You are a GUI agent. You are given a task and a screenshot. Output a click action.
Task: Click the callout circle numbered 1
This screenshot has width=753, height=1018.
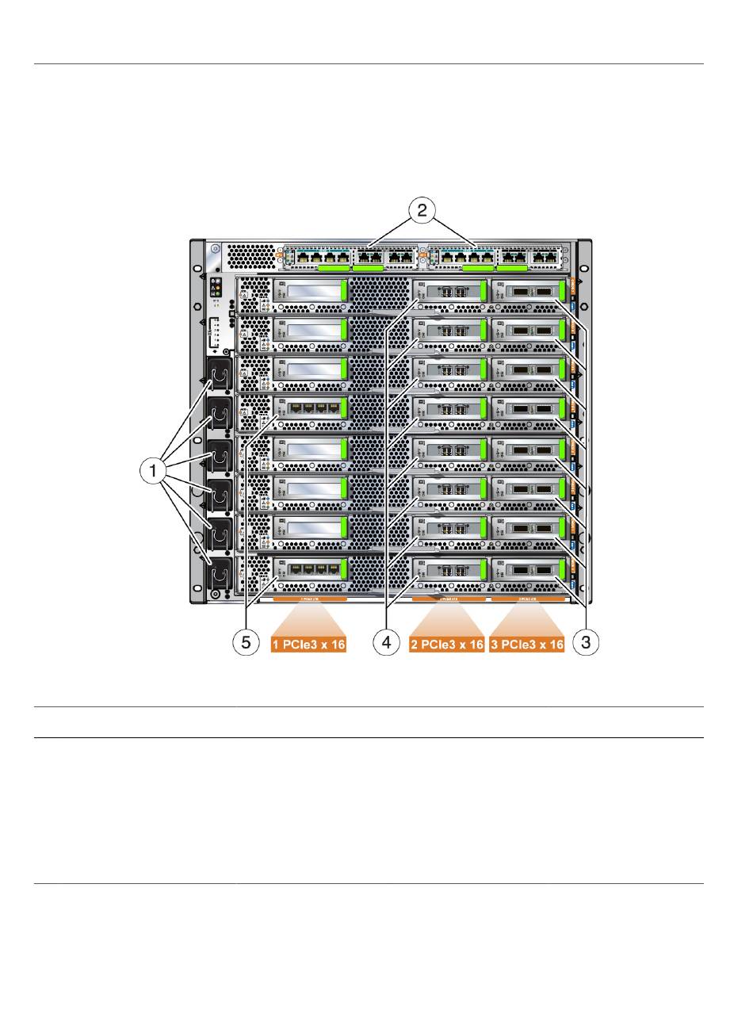(x=151, y=471)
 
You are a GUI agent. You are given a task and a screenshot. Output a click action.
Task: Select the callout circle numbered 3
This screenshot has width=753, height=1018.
(x=586, y=644)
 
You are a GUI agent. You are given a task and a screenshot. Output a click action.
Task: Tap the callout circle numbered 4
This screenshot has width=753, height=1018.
(x=387, y=644)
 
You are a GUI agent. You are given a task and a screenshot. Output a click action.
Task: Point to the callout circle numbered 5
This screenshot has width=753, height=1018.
(x=246, y=644)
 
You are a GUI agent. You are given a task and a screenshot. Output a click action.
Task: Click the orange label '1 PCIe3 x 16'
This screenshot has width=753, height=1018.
(x=310, y=645)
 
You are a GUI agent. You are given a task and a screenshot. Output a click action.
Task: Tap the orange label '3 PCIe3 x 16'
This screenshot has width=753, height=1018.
(x=527, y=645)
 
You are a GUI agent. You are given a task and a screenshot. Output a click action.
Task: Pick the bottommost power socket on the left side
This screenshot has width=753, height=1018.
(x=219, y=572)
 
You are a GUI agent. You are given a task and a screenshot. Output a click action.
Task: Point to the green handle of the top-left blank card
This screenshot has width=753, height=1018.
(x=345, y=290)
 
